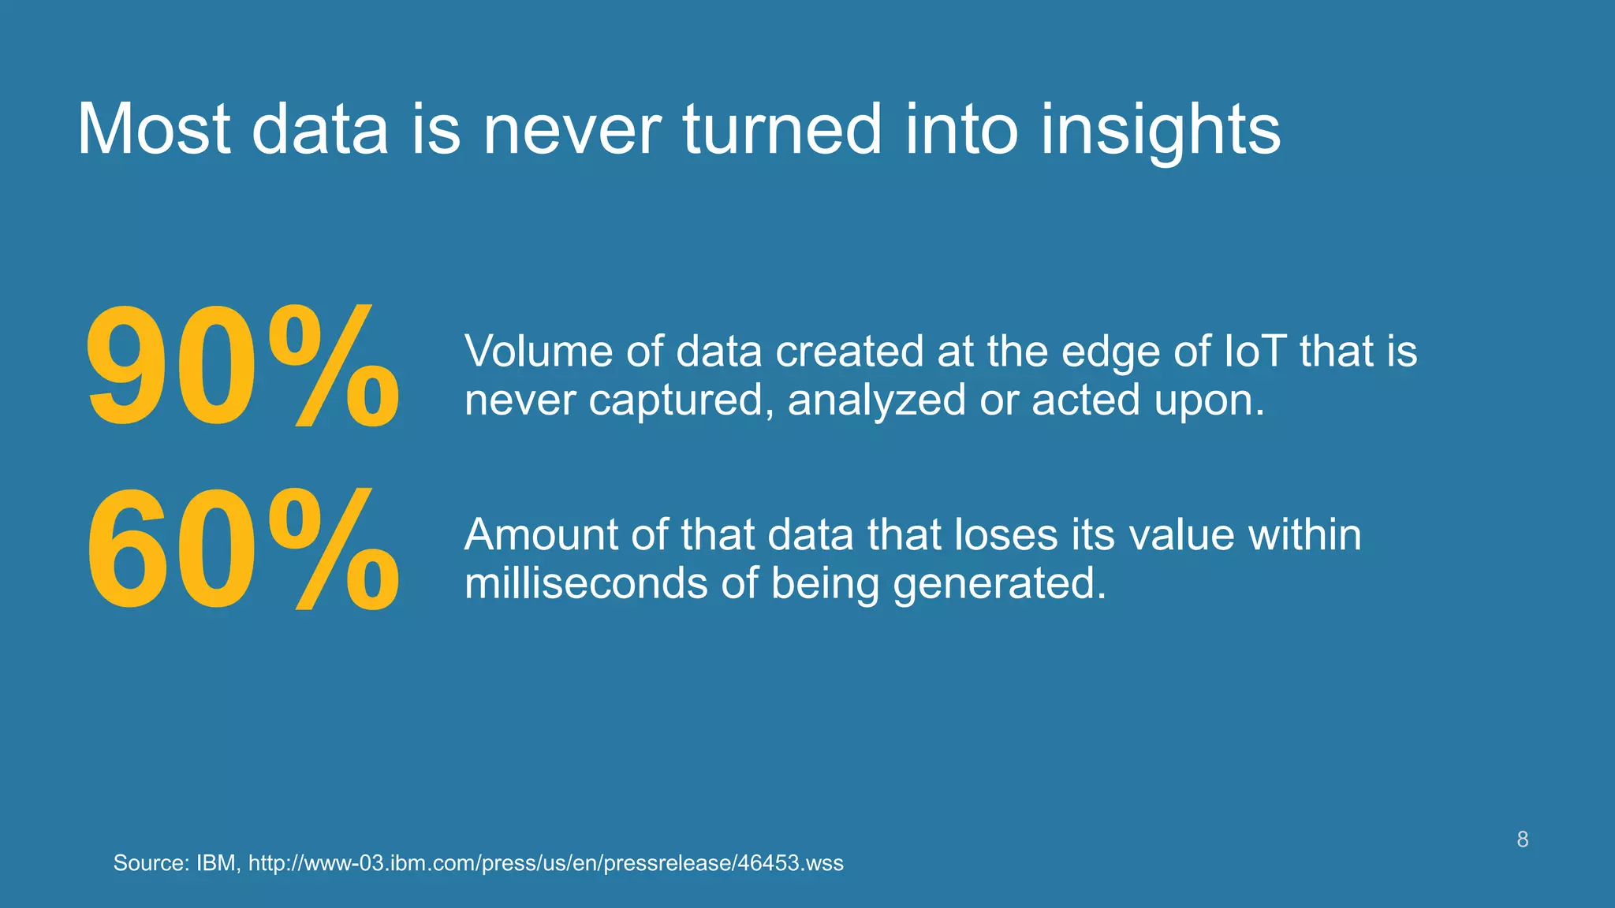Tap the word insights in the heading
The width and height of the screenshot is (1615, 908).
(x=1160, y=130)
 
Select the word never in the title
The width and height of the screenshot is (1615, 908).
(x=571, y=130)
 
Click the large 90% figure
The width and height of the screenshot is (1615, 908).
(x=242, y=367)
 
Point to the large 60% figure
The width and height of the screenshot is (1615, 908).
(x=242, y=550)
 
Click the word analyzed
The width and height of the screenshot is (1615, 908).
(x=876, y=400)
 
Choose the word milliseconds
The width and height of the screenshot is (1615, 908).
(x=585, y=583)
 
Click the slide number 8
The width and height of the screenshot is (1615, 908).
(x=1522, y=839)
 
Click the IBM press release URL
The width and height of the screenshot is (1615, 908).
(x=546, y=863)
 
